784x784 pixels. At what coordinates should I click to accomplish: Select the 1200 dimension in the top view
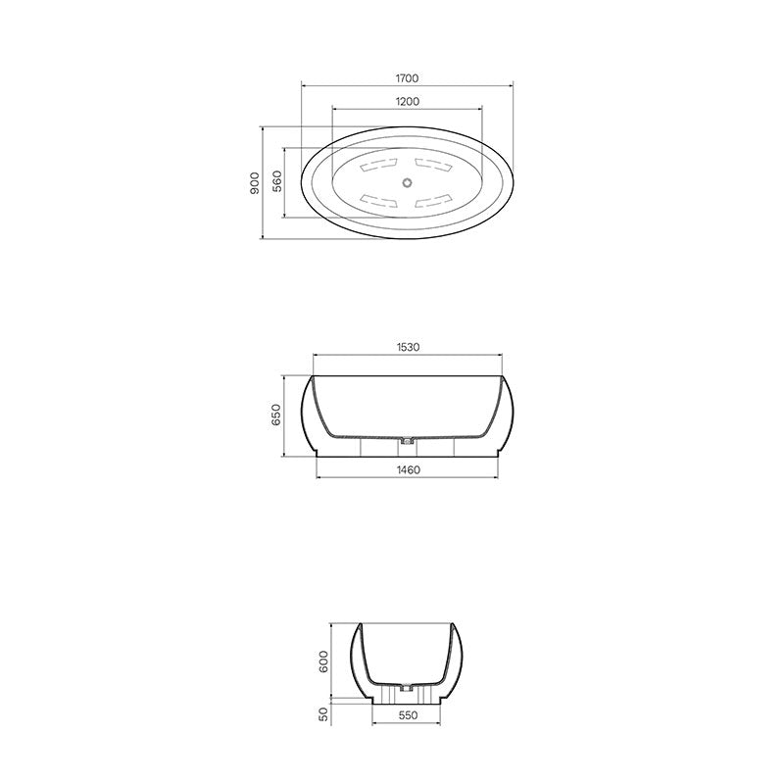(x=408, y=102)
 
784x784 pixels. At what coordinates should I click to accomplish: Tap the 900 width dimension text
(x=254, y=182)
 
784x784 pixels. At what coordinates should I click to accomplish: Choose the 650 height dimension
(x=276, y=416)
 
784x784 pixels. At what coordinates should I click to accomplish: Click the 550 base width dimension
(x=409, y=716)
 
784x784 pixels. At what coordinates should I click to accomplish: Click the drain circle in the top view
(x=408, y=182)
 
